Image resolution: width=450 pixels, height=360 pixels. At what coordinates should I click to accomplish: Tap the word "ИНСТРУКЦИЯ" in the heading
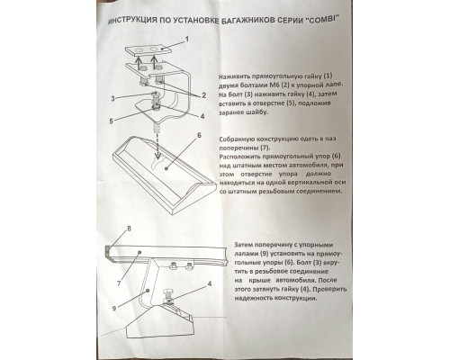tap(132, 20)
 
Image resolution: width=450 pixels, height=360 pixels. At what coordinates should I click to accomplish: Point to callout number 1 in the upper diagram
tap(187, 40)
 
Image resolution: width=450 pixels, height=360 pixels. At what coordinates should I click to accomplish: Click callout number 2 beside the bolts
tap(203, 95)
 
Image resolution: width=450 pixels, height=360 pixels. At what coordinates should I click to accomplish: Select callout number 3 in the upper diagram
tap(112, 98)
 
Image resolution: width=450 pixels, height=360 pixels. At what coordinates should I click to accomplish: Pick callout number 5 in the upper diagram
tap(112, 121)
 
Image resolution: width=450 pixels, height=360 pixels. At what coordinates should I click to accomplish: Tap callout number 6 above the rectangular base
tap(199, 135)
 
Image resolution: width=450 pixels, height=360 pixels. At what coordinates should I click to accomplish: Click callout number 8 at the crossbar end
tap(129, 229)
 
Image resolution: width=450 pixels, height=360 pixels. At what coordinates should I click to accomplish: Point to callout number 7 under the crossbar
tap(119, 283)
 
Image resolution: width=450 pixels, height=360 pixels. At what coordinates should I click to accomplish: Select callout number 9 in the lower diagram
tap(114, 308)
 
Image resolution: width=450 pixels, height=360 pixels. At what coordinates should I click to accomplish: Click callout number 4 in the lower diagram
tap(210, 283)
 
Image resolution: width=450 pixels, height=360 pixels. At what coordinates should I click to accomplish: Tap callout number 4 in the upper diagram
tap(202, 116)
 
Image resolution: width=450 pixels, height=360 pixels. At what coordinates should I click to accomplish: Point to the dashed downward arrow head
tap(157, 156)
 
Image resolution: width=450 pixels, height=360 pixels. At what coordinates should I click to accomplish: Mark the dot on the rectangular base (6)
tap(166, 169)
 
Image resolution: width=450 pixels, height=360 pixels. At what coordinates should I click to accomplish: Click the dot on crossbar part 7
tap(139, 253)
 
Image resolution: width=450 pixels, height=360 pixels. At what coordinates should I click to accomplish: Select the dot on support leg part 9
tap(148, 291)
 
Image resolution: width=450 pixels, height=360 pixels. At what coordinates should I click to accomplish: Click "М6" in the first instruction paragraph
tap(274, 85)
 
